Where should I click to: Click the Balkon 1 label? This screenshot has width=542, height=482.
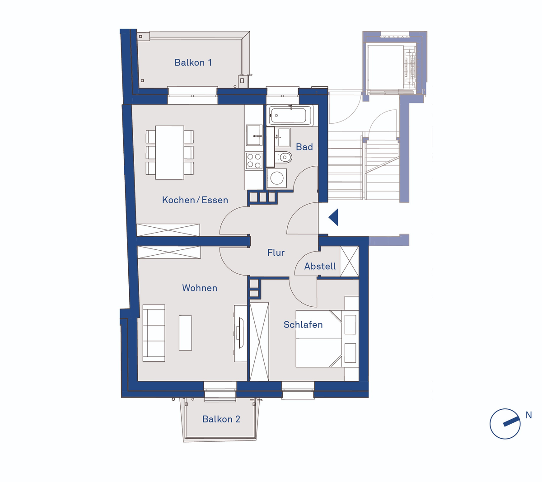(193, 63)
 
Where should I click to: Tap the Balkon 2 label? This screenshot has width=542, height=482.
(221, 419)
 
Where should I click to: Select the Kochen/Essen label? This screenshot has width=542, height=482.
(195, 200)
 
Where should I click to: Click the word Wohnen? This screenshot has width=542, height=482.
(200, 288)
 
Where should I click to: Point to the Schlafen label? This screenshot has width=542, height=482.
(303, 325)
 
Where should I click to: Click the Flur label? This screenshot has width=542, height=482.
(276, 253)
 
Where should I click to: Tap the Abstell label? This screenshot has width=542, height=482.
(320, 266)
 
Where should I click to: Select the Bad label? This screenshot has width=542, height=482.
(304, 147)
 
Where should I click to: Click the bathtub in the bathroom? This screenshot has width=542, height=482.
(291, 115)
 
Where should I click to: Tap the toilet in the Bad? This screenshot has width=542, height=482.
(283, 157)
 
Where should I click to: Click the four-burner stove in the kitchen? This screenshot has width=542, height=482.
(254, 160)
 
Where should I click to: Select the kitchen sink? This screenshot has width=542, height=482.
(254, 135)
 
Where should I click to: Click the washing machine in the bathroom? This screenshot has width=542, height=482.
(276, 178)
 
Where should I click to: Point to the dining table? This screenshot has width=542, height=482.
(170, 152)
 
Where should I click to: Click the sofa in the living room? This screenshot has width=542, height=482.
(154, 333)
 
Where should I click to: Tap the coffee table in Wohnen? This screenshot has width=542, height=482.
(185, 332)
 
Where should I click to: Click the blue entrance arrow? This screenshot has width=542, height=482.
(333, 217)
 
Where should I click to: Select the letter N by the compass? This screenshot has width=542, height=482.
(528, 415)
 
